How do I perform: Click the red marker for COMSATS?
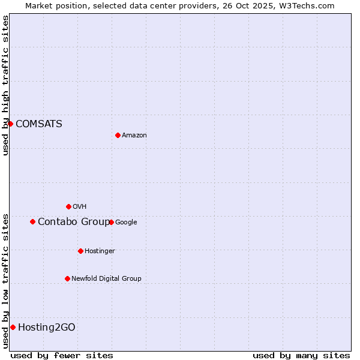[x=10, y=124]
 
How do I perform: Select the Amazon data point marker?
[x=118, y=135]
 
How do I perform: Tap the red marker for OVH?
[x=68, y=206]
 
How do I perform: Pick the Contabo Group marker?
[x=32, y=221]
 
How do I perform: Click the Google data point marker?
[x=111, y=222]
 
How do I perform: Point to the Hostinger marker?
[x=80, y=251]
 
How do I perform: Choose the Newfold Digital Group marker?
[x=67, y=278]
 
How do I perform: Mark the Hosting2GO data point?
[x=13, y=327]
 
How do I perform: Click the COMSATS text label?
[x=38, y=124]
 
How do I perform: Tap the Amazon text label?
[x=134, y=136]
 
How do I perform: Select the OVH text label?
[x=79, y=207]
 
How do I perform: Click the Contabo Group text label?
[x=73, y=222]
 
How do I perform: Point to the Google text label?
[x=126, y=223]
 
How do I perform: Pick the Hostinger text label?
[x=100, y=251]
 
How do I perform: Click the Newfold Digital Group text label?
[x=106, y=279]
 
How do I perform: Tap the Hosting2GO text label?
[x=46, y=328]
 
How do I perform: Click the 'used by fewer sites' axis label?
[x=62, y=355]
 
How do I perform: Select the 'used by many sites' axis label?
[x=301, y=355]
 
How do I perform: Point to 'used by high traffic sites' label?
[x=5, y=85]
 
